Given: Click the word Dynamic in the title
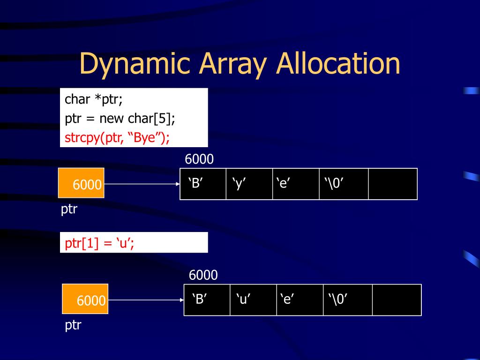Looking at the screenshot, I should pyautogui.click(x=135, y=64).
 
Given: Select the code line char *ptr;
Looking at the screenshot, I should pyautogui.click(x=93, y=99).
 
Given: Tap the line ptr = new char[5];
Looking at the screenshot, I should pyautogui.click(x=120, y=119).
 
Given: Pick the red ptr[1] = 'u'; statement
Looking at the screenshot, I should pyautogui.click(x=99, y=243).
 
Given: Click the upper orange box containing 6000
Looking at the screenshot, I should pyautogui.click(x=81, y=183).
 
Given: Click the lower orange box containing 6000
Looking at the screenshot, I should pyautogui.click(x=85, y=299).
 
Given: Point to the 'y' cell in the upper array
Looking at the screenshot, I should pyautogui.click(x=249, y=184).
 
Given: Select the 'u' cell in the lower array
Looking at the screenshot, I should pyautogui.click(x=253, y=300).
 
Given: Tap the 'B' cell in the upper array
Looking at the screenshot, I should pyautogui.click(x=203, y=184).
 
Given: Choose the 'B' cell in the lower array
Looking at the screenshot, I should pyautogui.click(x=207, y=300).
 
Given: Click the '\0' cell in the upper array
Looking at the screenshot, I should pyautogui.click(x=344, y=184).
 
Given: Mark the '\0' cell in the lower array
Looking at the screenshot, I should pyautogui.click(x=348, y=300).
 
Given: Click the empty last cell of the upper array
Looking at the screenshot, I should pyautogui.click(x=393, y=184).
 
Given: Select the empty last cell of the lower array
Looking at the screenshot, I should pyautogui.click(x=397, y=300).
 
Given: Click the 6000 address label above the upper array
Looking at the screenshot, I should pyautogui.click(x=199, y=159).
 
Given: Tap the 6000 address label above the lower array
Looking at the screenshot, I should pyautogui.click(x=203, y=275).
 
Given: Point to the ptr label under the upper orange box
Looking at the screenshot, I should pyautogui.click(x=69, y=209).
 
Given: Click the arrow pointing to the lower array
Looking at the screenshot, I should pyautogui.click(x=146, y=300).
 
